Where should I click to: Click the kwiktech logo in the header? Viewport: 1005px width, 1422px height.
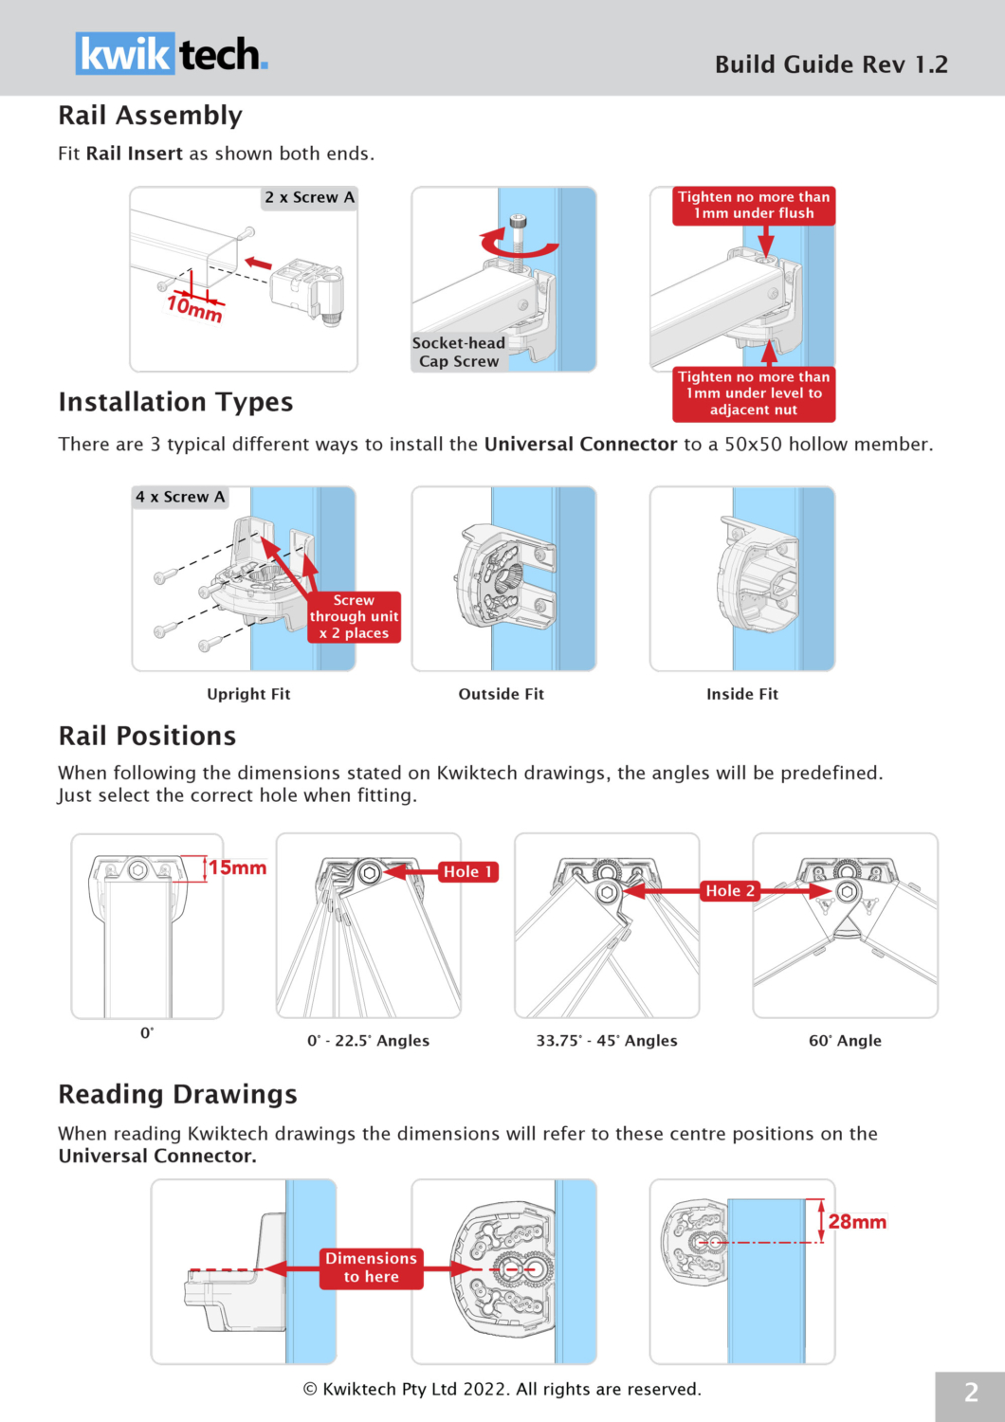point(172,54)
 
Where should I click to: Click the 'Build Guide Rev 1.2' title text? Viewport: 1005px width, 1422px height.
point(831,64)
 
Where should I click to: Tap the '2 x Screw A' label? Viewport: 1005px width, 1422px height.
point(309,197)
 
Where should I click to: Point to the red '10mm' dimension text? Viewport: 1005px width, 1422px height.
point(194,308)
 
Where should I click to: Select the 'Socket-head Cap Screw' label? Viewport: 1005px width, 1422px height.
point(459,352)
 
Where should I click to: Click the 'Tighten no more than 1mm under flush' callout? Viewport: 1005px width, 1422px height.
point(754,205)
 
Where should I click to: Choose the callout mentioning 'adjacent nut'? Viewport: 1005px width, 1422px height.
point(754,393)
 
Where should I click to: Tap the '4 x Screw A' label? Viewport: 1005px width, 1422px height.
point(180,497)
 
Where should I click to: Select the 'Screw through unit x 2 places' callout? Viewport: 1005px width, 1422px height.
point(354,617)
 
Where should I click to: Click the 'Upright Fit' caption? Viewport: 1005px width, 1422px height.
point(248,694)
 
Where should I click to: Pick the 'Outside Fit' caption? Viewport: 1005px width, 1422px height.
point(502,694)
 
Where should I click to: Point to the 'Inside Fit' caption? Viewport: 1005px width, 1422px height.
point(742,694)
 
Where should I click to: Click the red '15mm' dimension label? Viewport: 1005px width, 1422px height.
point(238,867)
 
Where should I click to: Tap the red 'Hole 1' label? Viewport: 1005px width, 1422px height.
point(467,871)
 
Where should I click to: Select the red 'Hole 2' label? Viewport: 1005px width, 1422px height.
point(730,890)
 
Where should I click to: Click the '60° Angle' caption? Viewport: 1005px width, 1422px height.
point(845,1040)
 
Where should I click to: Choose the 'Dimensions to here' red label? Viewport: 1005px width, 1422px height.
point(371,1267)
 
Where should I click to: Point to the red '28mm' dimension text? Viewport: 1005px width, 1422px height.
point(857,1222)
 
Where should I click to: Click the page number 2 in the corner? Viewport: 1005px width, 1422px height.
point(971,1393)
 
